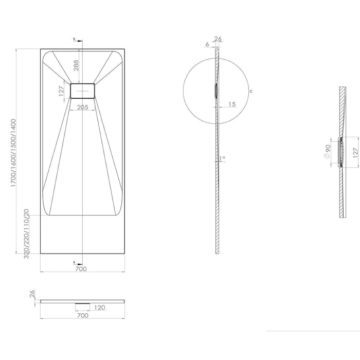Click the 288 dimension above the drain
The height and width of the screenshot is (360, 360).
click(x=76, y=65)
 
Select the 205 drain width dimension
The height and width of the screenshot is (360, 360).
click(x=82, y=107)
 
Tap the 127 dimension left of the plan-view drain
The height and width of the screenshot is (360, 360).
click(x=62, y=91)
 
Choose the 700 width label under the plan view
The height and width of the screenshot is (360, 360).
click(x=81, y=269)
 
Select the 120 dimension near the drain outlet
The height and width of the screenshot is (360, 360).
click(x=99, y=307)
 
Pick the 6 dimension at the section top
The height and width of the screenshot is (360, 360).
click(x=207, y=45)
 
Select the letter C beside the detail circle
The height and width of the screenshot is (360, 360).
click(x=250, y=91)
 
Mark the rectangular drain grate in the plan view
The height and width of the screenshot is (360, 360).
click(x=82, y=91)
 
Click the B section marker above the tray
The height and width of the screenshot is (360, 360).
click(x=75, y=39)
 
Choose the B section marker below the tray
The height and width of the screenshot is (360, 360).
click(x=75, y=261)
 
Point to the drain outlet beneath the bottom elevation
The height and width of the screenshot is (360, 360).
click(x=82, y=303)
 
